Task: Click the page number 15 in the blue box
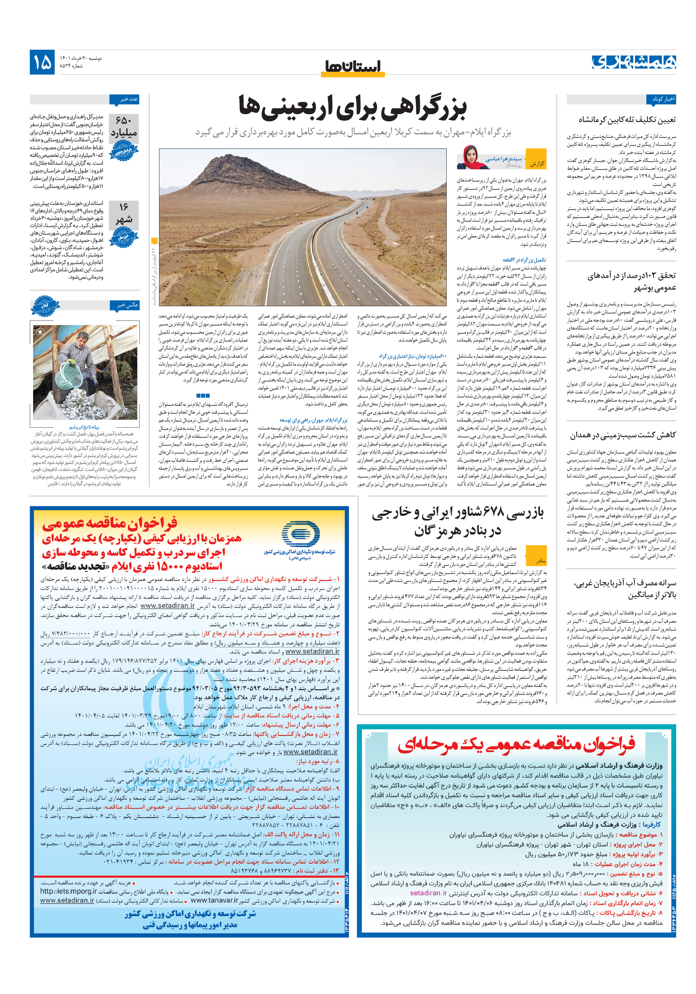click(42, 62)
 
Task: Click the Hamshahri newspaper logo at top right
click(634, 62)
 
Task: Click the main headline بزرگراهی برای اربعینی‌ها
click(352, 107)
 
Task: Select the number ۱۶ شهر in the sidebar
click(124, 214)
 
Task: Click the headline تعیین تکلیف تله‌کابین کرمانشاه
click(627, 120)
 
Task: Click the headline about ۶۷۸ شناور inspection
click(457, 521)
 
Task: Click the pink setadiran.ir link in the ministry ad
click(428, 893)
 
